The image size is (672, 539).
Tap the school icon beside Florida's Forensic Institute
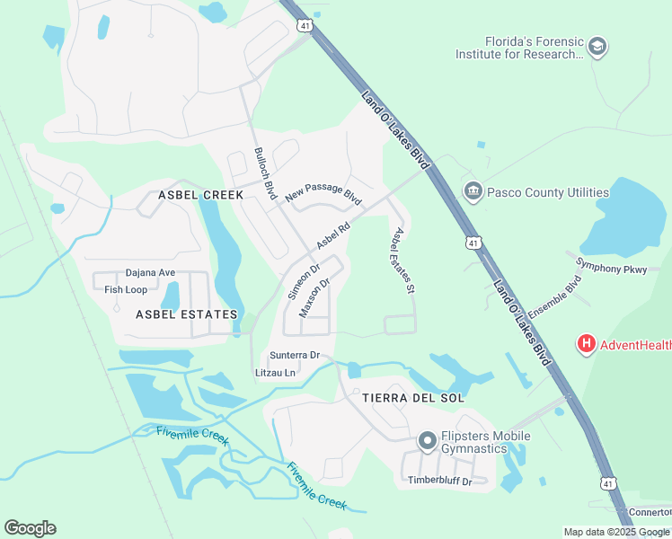[597, 46]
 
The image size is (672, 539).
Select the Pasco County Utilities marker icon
[473, 191]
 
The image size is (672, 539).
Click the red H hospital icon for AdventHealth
[586, 343]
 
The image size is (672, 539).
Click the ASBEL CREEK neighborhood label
[200, 195]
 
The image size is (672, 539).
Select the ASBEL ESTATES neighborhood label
[186, 314]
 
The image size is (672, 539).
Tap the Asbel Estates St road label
[402, 260]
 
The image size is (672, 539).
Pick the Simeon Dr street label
[304, 281]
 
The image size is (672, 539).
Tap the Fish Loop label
[126, 289]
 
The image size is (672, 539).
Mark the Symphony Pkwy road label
[611, 265]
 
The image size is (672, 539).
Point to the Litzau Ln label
[276, 372]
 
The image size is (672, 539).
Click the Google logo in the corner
[30, 527]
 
